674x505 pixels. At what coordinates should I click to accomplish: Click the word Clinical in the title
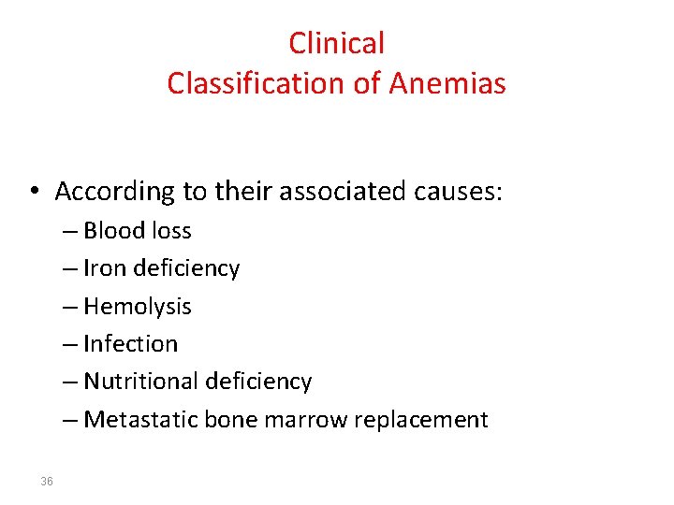336,43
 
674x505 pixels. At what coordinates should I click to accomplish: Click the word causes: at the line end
457,192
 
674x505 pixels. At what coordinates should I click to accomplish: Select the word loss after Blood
171,231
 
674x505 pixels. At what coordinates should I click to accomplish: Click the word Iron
105,268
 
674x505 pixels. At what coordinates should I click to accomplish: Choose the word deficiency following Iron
186,269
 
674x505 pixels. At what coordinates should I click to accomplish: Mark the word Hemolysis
137,307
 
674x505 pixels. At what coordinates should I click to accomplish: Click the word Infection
130,344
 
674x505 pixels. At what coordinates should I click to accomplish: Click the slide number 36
47,482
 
